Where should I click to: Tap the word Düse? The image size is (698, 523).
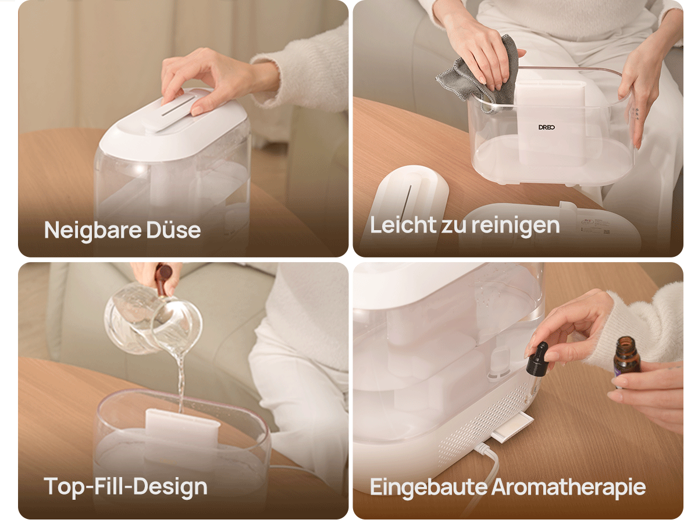(173, 230)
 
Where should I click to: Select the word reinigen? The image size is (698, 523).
(515, 226)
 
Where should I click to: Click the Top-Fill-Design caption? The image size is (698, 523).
(125, 487)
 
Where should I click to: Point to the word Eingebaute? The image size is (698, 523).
(428, 487)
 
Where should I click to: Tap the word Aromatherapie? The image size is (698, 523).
(568, 487)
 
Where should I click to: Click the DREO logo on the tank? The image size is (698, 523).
(547, 127)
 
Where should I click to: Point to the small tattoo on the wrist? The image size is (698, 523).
(636, 113)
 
